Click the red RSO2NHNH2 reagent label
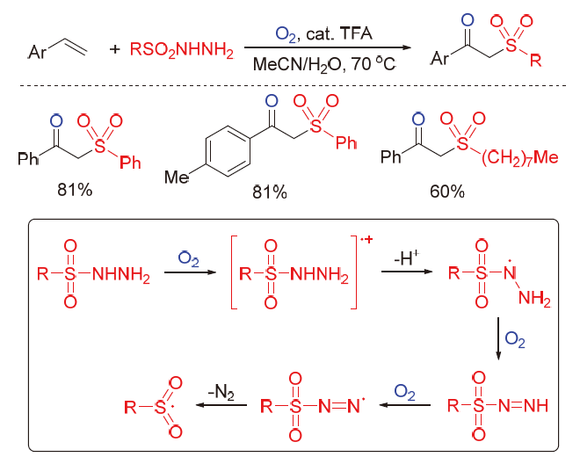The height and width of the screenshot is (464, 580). click(182, 53)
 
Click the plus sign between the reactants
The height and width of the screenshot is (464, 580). click(114, 52)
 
